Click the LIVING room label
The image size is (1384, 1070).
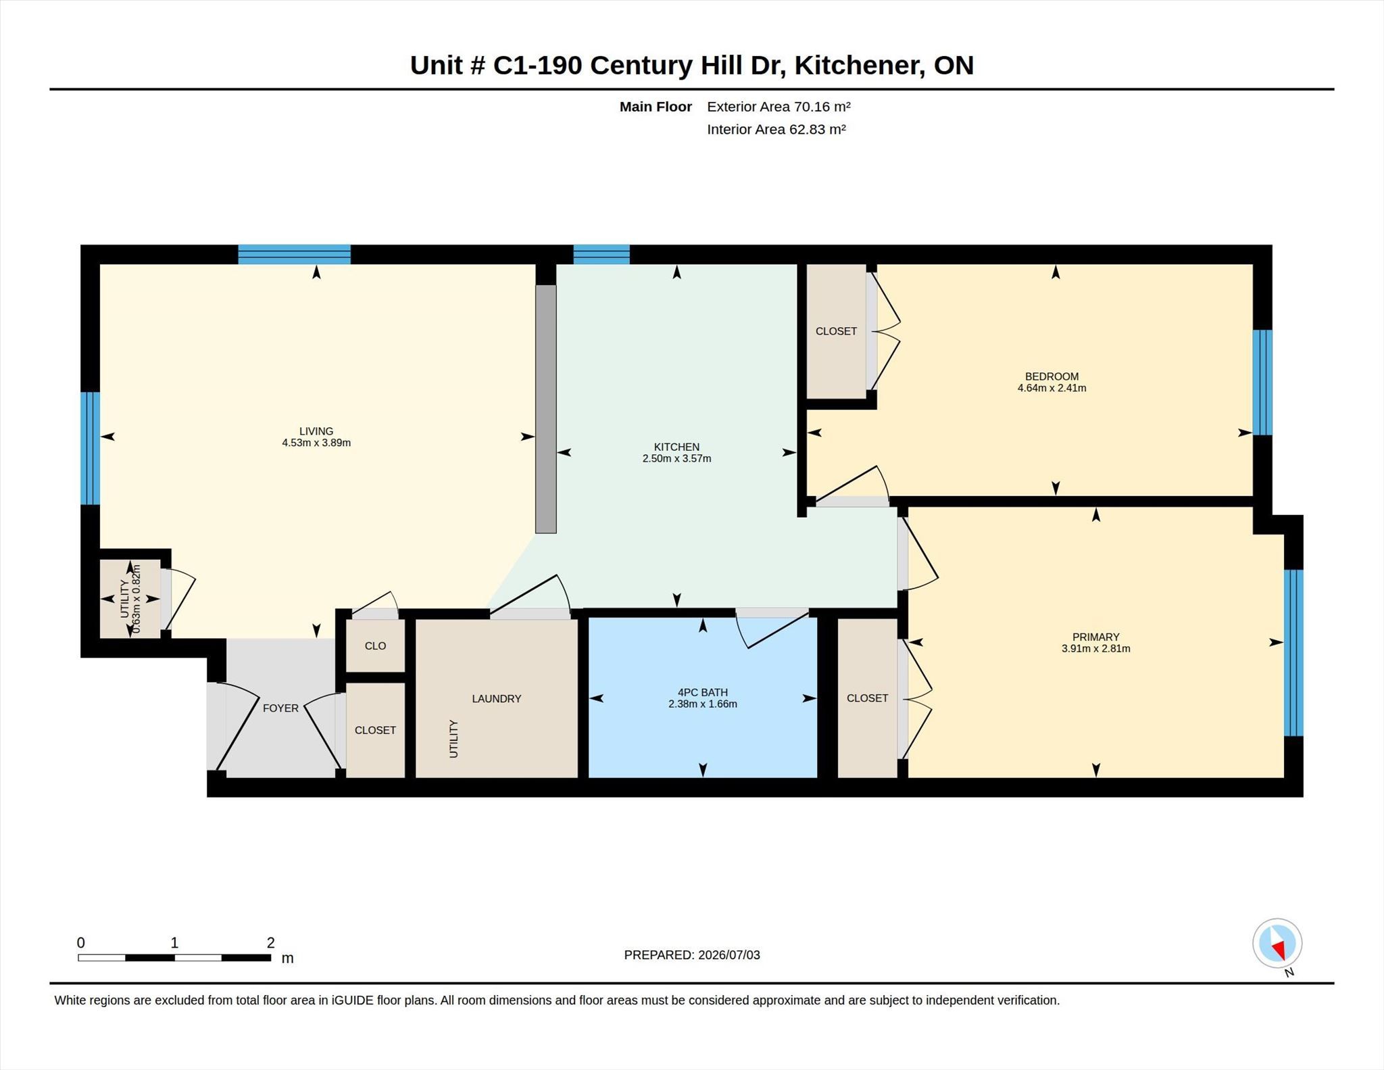pos(316,431)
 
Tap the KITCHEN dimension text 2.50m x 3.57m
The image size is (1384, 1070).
pos(676,458)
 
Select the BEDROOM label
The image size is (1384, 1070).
pos(1052,376)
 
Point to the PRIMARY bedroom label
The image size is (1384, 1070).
pos(1095,637)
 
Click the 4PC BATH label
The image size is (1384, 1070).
pos(703,692)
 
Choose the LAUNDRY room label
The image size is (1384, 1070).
pos(497,699)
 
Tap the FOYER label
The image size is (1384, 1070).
pos(280,708)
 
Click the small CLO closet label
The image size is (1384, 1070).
pos(375,646)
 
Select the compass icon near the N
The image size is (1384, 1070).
pos(1277,943)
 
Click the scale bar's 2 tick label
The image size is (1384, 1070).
pos(271,942)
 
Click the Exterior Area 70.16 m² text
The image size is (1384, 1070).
pos(778,107)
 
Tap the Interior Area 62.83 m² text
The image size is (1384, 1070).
pos(776,129)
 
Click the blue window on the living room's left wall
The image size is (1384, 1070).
pos(91,448)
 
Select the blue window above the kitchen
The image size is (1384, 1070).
pos(601,255)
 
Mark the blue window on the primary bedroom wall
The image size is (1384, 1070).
pos(1293,653)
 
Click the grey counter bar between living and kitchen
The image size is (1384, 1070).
pos(546,409)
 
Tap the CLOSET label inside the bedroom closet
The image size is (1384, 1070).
pos(836,331)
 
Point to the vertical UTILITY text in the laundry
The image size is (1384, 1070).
pos(453,739)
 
